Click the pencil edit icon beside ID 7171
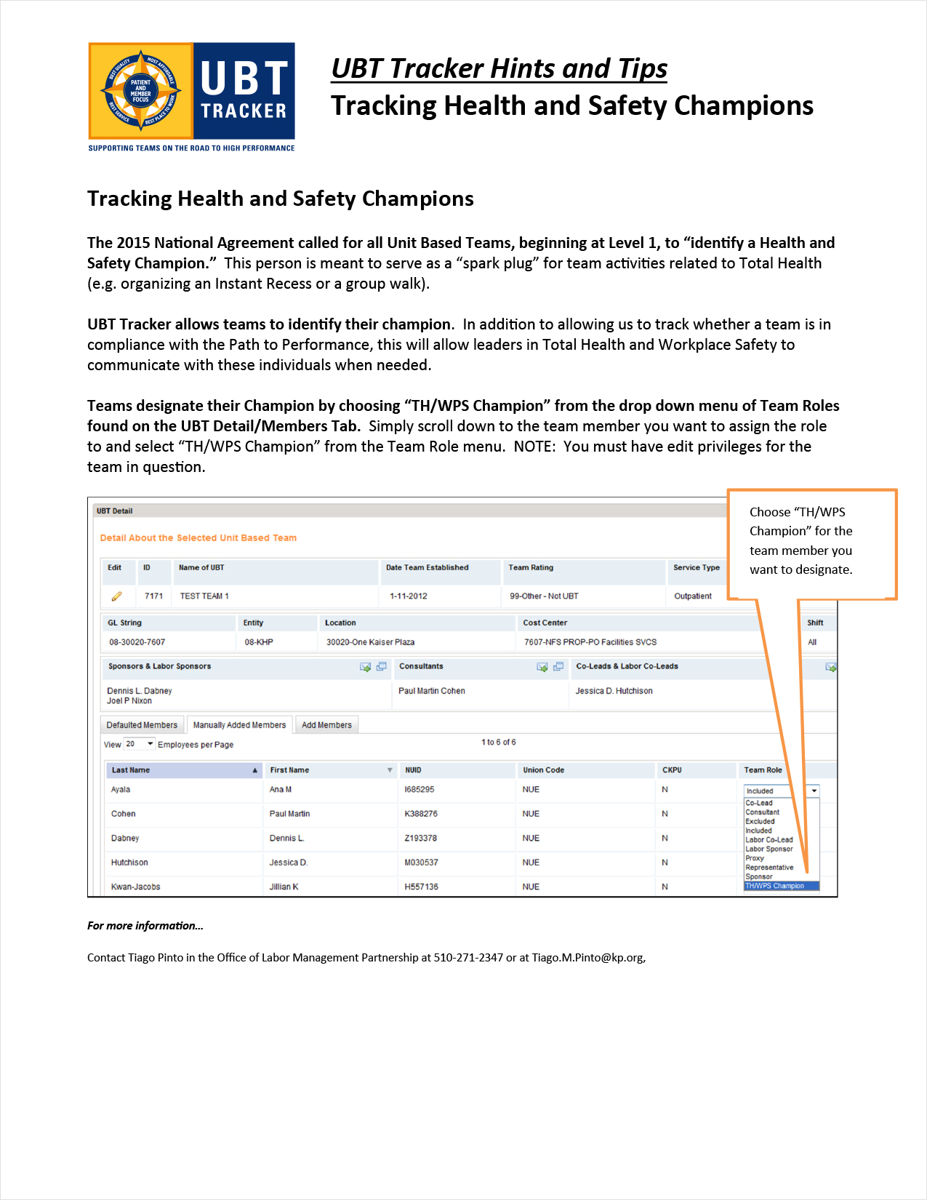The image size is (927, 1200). pyautogui.click(x=116, y=596)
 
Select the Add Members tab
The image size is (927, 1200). pyautogui.click(x=326, y=725)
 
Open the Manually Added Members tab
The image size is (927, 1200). pyautogui.click(x=239, y=725)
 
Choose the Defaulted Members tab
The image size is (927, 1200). pyautogui.click(x=142, y=725)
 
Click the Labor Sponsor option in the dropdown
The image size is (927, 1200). pyautogui.click(x=769, y=849)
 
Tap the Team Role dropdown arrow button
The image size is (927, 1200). pyautogui.click(x=814, y=791)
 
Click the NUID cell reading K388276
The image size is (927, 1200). pyautogui.click(x=421, y=814)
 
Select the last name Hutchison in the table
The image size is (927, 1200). pyautogui.click(x=129, y=863)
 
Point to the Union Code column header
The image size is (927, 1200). pyautogui.click(x=543, y=770)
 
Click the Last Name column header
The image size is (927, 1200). pyautogui.click(x=131, y=770)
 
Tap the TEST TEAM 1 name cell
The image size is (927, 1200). pyautogui.click(x=204, y=596)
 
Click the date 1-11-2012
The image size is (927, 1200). pyautogui.click(x=409, y=596)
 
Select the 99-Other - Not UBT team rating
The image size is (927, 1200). pyautogui.click(x=544, y=596)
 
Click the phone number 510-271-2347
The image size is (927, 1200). pyautogui.click(x=468, y=958)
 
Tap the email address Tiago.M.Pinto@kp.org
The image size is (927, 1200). pyautogui.click(x=587, y=958)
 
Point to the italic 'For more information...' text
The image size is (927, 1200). pyautogui.click(x=145, y=926)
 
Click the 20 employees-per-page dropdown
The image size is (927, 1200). pyautogui.click(x=140, y=744)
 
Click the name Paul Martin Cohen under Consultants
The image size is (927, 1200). pyautogui.click(x=432, y=691)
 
